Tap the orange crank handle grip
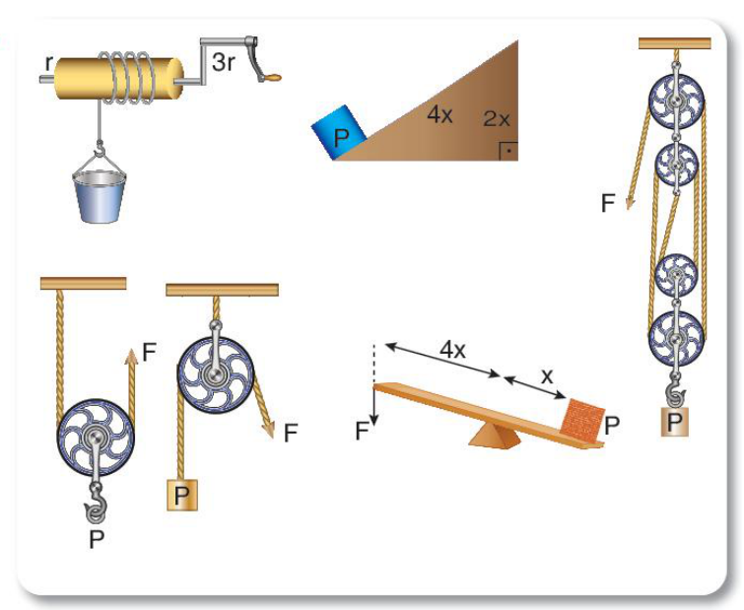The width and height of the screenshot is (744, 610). pyautogui.click(x=273, y=76)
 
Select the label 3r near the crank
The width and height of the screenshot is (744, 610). pyautogui.click(x=223, y=61)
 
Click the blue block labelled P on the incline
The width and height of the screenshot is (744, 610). pyautogui.click(x=339, y=132)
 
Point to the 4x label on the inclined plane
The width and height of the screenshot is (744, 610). pyautogui.click(x=440, y=114)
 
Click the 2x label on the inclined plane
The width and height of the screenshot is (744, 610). pyautogui.click(x=497, y=118)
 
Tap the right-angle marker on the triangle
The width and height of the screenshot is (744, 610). pyautogui.click(x=508, y=152)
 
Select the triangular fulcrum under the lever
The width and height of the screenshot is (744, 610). pyautogui.click(x=494, y=435)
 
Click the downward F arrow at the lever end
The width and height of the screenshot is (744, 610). pyautogui.click(x=373, y=406)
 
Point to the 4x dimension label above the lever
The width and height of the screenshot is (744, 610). pyautogui.click(x=452, y=350)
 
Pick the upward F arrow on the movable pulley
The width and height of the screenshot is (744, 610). pyautogui.click(x=131, y=385)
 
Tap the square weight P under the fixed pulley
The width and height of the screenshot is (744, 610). pyautogui.click(x=182, y=496)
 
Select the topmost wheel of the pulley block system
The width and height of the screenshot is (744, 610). pyautogui.click(x=676, y=102)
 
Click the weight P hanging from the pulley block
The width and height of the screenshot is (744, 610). pyautogui.click(x=675, y=421)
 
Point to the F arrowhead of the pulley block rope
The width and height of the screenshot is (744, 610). pyautogui.click(x=630, y=202)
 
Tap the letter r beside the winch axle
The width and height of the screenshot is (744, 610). pyautogui.click(x=48, y=63)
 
